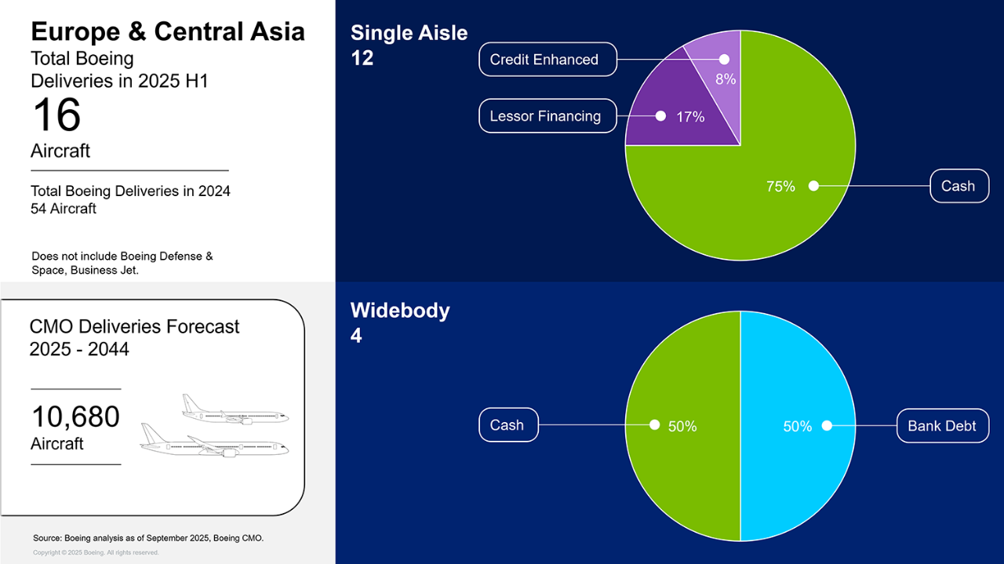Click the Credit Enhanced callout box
(547, 59)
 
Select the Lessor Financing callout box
(547, 115)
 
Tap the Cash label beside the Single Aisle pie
(959, 186)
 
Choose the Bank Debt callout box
(943, 425)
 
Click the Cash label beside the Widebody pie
(508, 424)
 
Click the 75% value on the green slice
(780, 186)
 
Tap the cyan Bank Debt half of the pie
(798, 426)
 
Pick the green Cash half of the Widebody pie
(682, 426)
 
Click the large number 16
(56, 115)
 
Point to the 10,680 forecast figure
(75, 417)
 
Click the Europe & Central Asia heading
(168, 31)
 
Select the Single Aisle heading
(409, 33)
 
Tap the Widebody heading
(400, 311)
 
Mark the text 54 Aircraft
(64, 209)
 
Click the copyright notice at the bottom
(96, 552)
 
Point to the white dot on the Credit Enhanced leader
(724, 59)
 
